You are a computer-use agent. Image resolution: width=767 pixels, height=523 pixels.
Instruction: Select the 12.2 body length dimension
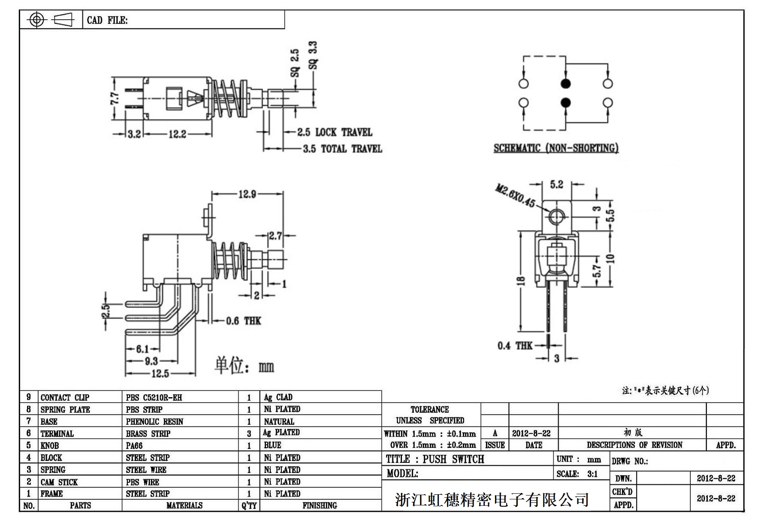[x=177, y=134]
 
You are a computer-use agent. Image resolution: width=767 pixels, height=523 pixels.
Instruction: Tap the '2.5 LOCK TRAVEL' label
[x=335, y=132]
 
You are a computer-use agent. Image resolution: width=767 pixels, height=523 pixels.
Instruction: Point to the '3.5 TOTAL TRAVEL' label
[x=342, y=149]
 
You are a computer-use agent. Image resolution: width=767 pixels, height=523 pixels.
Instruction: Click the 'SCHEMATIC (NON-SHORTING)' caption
[x=556, y=149]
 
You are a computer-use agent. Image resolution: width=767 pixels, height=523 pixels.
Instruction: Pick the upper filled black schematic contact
[x=566, y=83]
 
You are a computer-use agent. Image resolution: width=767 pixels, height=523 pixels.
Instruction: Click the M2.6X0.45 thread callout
[x=515, y=196]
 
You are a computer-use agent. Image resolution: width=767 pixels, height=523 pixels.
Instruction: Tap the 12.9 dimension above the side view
[x=247, y=195]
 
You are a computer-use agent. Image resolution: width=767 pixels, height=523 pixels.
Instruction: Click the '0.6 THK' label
[x=243, y=321]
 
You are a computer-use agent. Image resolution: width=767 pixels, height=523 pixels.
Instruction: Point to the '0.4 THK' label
[x=515, y=346]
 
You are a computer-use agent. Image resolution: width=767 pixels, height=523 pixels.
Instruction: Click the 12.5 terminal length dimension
[x=160, y=374]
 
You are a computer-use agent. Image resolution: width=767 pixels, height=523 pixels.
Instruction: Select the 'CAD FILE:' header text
[x=107, y=20]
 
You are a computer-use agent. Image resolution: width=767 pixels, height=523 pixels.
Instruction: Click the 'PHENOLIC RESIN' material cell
[x=154, y=422]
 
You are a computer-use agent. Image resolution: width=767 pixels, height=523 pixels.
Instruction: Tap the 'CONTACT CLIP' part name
[x=65, y=398]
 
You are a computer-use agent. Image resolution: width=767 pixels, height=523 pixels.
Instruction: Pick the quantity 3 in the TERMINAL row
[x=249, y=434]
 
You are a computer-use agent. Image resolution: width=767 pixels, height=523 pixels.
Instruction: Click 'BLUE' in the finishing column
[x=272, y=445]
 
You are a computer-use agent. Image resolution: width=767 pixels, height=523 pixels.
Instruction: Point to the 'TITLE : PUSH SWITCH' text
[x=435, y=459]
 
